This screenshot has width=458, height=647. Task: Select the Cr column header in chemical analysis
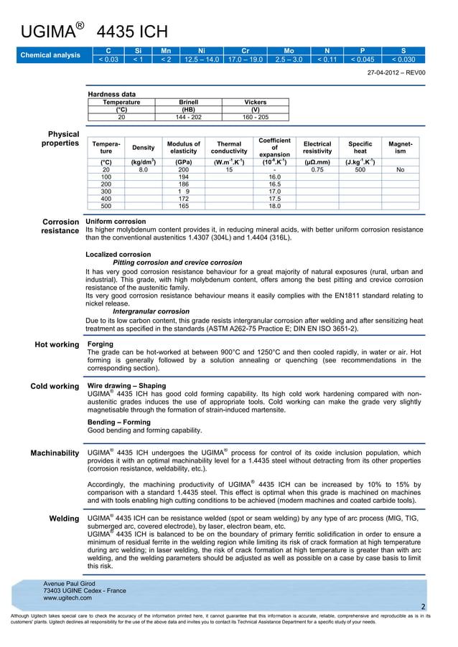point(245,51)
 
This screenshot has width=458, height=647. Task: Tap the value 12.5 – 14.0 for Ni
point(201,60)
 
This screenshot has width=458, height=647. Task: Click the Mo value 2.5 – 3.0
point(289,60)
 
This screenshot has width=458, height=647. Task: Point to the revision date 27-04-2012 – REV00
point(396,72)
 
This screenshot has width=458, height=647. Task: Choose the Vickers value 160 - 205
point(255,116)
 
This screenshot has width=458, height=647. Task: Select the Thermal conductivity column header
point(229,147)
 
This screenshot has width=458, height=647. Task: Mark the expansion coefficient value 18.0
point(274,206)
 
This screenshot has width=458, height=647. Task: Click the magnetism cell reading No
point(400,169)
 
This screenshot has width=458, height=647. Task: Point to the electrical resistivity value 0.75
point(317,169)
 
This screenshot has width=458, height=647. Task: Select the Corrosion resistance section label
point(62,226)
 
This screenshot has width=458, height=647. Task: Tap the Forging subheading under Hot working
point(100,344)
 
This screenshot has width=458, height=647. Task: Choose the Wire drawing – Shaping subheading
point(126,386)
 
